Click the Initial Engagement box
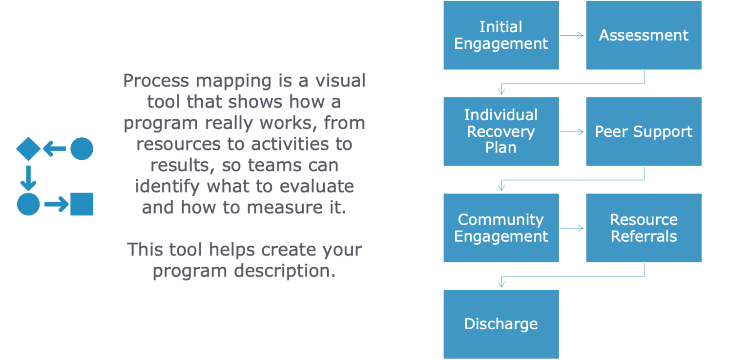501,35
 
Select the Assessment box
644,35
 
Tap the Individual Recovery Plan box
501,131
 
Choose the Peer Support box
644,131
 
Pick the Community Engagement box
501,228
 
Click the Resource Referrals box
644,228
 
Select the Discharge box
501,324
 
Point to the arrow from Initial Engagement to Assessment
572,35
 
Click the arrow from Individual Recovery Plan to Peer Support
572,131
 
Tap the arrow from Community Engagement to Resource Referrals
572,228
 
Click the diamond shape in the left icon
28,149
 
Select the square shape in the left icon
82,204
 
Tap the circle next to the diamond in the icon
82,149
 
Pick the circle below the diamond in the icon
28,204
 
